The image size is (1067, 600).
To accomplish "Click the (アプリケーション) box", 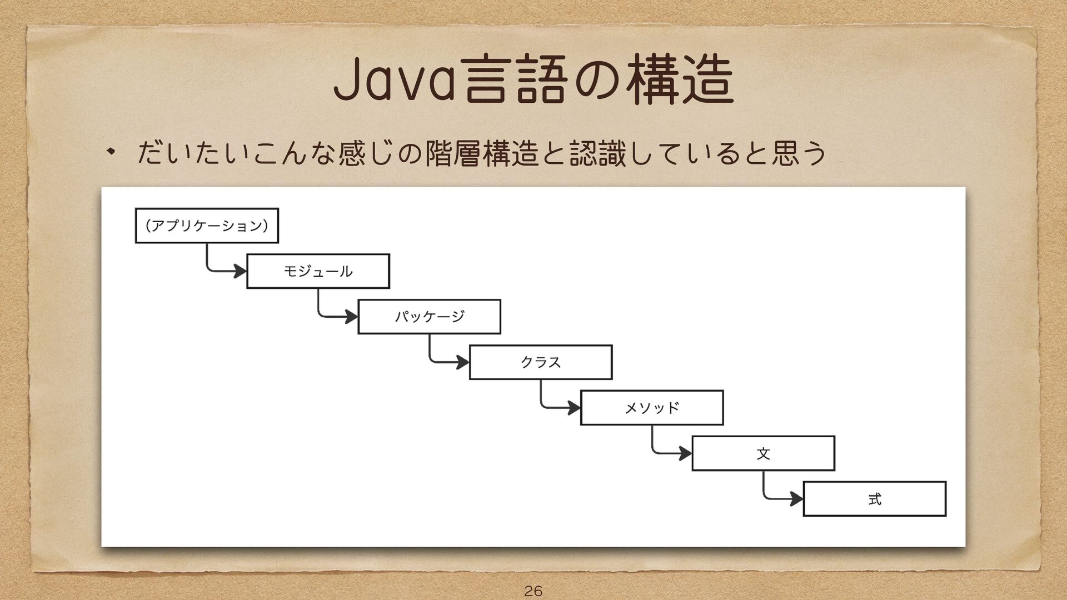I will pos(207,226).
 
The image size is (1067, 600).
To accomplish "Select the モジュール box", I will pos(318,271).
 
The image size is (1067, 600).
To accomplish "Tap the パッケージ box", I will pos(429,317).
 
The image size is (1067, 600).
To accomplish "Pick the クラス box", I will pos(541,362).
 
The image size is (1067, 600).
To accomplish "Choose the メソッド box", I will pos(652,408).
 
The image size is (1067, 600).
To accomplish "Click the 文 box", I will pos(763,453).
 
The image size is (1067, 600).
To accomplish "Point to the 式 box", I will pos(874,499).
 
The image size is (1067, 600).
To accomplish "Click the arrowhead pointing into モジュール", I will pos(241,271).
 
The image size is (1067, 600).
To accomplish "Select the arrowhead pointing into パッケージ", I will pos(352,317).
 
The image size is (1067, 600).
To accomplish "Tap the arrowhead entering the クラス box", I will pos(463,362).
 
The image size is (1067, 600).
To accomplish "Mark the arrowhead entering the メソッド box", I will pos(574,408).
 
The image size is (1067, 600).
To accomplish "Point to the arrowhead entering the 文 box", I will pos(685,453).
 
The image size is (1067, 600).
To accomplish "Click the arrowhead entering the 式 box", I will pos(796,499).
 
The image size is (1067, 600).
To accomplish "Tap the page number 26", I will pos(533,591).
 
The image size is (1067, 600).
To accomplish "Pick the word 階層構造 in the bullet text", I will pos(482,153).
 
